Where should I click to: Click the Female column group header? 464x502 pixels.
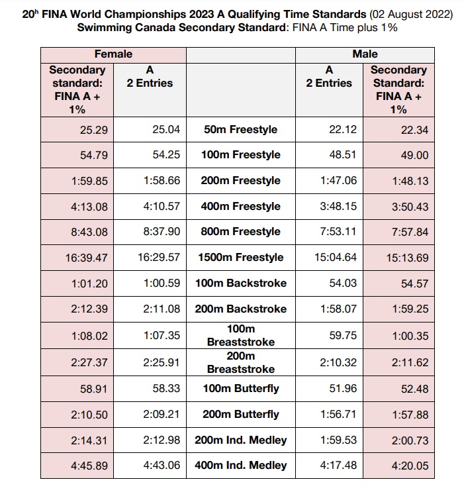tap(113, 54)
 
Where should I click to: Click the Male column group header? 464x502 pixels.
tap(365, 54)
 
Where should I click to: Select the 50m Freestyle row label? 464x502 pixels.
tap(241, 130)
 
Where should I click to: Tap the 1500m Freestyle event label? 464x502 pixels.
tap(241, 258)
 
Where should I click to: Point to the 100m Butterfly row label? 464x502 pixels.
tap(241, 389)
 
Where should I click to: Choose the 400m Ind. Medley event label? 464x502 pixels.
tap(241, 466)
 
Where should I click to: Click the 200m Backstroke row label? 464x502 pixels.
tap(241, 309)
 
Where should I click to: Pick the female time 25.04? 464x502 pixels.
tap(166, 130)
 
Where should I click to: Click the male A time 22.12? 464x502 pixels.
tap(343, 130)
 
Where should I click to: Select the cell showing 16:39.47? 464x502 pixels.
tap(86, 258)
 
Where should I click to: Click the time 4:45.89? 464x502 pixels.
tap(89, 466)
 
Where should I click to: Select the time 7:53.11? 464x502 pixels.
tap(338, 232)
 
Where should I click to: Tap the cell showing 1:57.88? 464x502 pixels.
tap(410, 415)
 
